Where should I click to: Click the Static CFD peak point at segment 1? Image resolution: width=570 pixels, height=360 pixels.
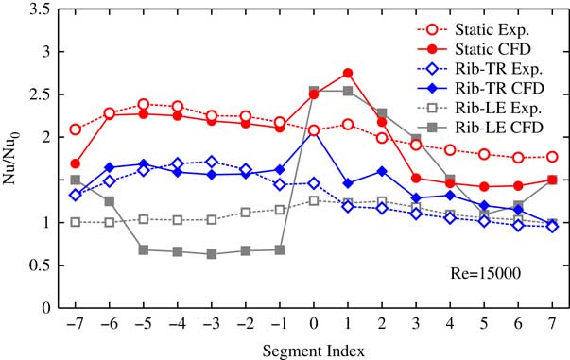(348, 73)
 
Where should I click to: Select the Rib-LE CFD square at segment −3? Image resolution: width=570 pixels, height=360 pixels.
(211, 254)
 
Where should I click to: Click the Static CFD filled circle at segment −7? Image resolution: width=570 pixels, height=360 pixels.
(76, 163)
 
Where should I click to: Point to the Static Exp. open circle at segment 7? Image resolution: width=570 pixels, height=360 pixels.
(552, 157)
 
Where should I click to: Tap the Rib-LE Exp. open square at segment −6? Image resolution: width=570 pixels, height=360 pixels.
(110, 222)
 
